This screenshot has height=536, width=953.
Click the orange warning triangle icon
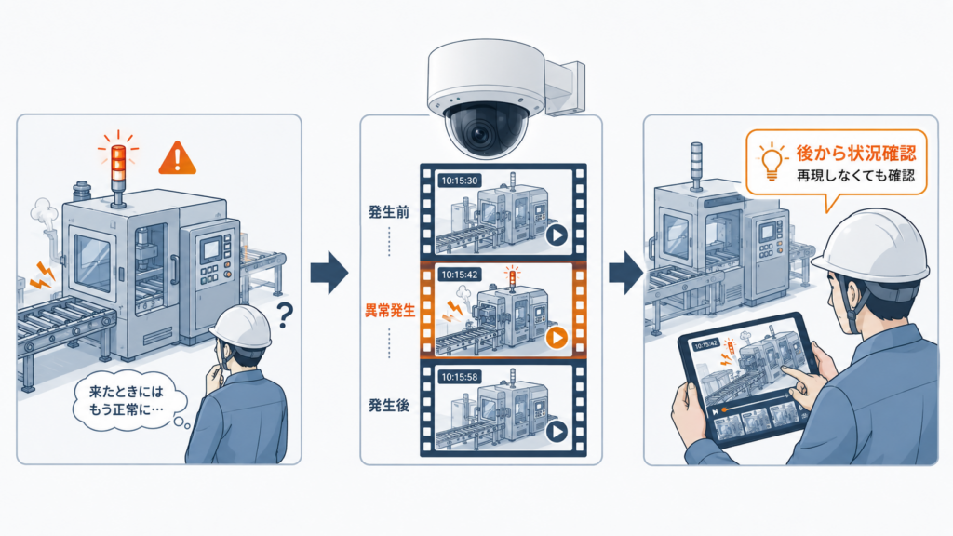(x=178, y=158)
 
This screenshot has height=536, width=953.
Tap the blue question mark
(x=284, y=315)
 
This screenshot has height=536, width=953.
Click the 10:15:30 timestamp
(x=460, y=181)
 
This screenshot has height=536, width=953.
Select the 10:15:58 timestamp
(x=460, y=377)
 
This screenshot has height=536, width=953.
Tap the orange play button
(x=557, y=337)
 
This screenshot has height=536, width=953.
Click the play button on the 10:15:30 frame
(x=557, y=235)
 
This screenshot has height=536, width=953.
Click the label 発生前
(x=389, y=212)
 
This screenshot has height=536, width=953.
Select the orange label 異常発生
(x=390, y=311)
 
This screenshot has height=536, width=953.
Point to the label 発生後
(x=389, y=406)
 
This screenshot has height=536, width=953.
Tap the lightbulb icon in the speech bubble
(x=771, y=160)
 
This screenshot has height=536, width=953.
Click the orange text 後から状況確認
(x=856, y=153)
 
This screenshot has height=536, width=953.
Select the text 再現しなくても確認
(x=856, y=176)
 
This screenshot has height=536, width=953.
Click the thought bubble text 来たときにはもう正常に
(x=127, y=400)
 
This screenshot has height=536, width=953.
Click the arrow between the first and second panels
(x=329, y=273)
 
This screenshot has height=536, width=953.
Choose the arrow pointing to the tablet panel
(x=626, y=273)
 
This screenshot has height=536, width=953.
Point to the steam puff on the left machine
(x=44, y=213)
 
